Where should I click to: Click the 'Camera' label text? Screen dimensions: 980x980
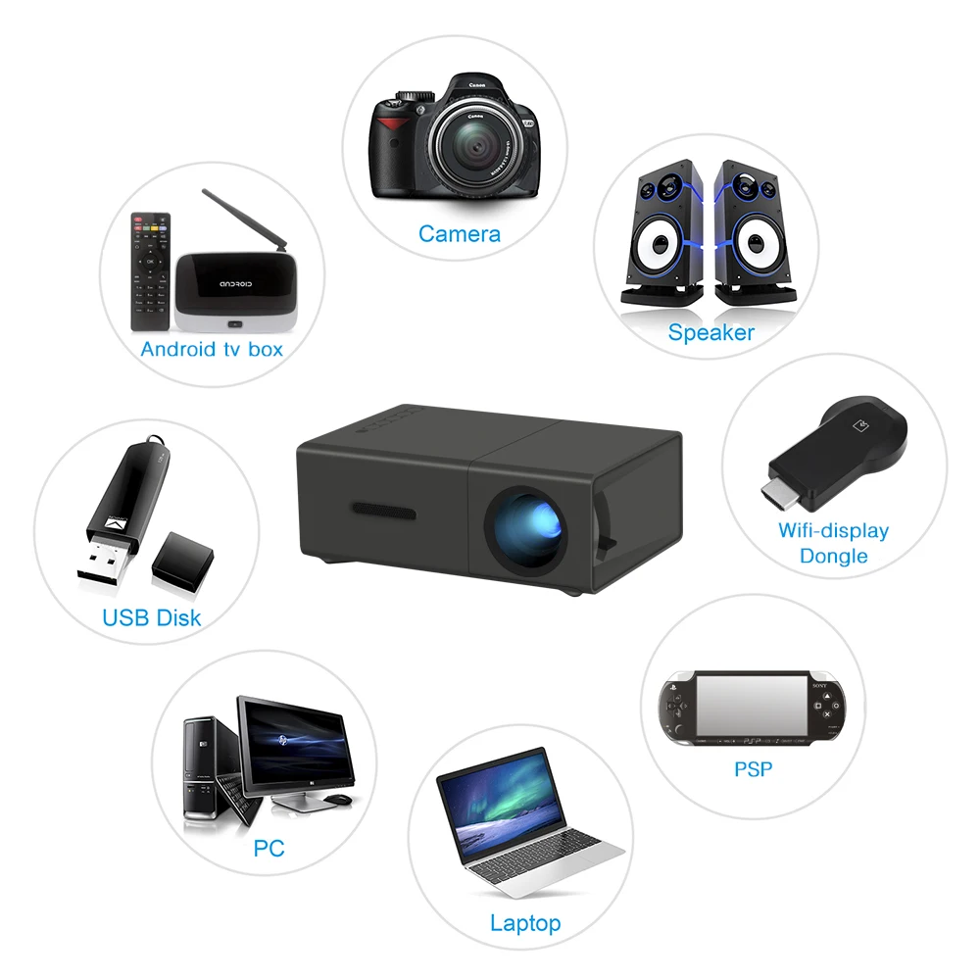point(459,234)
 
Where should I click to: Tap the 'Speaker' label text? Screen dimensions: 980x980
point(710,332)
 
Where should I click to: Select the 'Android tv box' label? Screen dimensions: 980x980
point(211,349)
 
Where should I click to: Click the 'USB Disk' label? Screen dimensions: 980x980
point(151,617)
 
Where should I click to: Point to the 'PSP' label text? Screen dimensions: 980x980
point(753,769)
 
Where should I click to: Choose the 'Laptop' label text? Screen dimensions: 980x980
point(525,922)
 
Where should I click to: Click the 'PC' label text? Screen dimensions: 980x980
point(269,848)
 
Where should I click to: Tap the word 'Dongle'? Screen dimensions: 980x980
point(833,556)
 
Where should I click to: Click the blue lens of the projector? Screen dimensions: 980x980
point(527,524)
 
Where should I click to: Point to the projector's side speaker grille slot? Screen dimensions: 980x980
point(384,511)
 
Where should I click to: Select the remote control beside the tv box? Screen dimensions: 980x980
point(150,269)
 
